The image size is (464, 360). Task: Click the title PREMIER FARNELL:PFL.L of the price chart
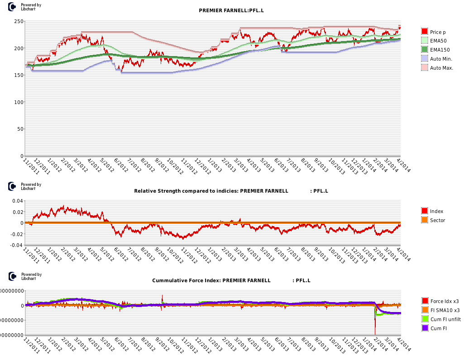click(x=231, y=10)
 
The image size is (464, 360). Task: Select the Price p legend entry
click(x=437, y=32)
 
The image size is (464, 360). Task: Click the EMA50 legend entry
click(x=437, y=41)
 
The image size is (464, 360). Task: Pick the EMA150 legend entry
click(x=438, y=50)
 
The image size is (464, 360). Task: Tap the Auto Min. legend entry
click(x=440, y=59)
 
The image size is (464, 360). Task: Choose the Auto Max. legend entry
click(x=441, y=68)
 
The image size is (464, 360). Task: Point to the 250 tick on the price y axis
click(x=19, y=21)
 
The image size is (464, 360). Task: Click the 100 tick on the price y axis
click(x=19, y=102)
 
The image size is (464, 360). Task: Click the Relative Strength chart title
click(x=231, y=191)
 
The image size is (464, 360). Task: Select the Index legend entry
click(x=436, y=211)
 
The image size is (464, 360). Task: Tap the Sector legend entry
click(x=437, y=220)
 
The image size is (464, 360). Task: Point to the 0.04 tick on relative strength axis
click(x=17, y=201)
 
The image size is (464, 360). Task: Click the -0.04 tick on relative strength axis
click(x=16, y=245)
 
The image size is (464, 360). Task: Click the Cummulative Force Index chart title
click(x=231, y=280)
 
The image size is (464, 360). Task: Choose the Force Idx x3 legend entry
click(x=444, y=301)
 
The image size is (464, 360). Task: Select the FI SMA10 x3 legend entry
click(x=445, y=310)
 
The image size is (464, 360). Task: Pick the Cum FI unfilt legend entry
click(x=445, y=319)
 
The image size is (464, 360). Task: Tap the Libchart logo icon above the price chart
click(x=13, y=7)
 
